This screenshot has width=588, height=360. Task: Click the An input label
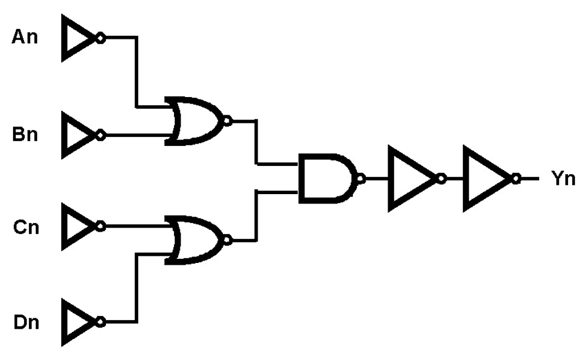[x=25, y=37]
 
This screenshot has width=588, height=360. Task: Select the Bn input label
[x=25, y=134]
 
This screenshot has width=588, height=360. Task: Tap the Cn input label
[x=26, y=227]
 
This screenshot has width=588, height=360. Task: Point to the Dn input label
[x=26, y=322]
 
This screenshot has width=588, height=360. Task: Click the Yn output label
[x=563, y=178]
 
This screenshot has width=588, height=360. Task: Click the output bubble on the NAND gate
[x=361, y=179]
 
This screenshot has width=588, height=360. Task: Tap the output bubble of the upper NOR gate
[x=227, y=121]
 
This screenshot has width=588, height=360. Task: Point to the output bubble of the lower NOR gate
[x=227, y=240]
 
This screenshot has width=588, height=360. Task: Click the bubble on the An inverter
[x=101, y=38]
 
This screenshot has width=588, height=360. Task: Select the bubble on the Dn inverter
[x=101, y=322]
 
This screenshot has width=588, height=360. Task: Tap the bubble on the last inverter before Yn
[x=516, y=178]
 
